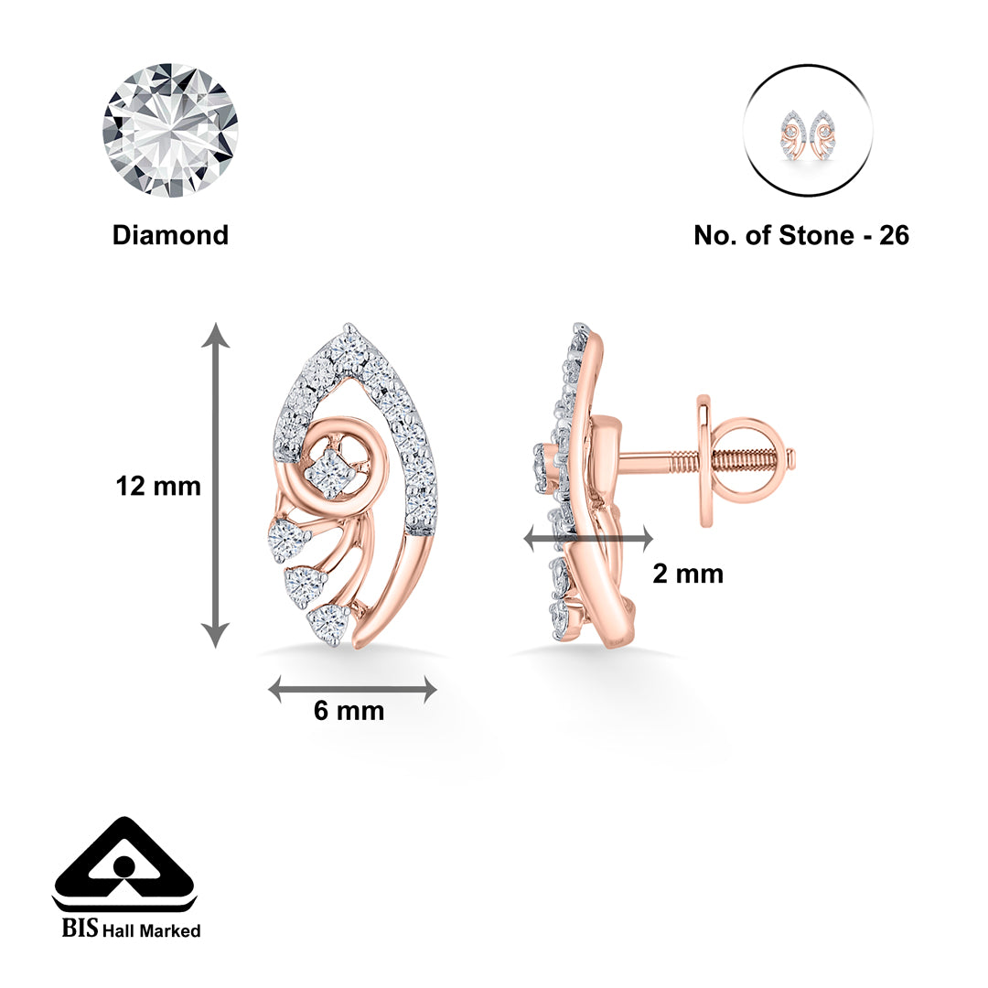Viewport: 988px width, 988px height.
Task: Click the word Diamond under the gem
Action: [170, 235]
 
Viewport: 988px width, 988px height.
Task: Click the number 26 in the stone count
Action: [893, 235]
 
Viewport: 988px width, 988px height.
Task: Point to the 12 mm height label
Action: [158, 486]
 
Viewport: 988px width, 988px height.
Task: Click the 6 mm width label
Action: [349, 711]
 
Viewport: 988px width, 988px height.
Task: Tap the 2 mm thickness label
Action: [688, 574]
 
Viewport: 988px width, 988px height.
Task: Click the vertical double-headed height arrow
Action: [216, 485]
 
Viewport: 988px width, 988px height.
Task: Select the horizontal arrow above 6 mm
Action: [352, 690]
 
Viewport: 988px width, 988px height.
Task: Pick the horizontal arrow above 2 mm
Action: [587, 540]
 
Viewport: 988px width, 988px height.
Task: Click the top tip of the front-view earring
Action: [348, 328]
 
